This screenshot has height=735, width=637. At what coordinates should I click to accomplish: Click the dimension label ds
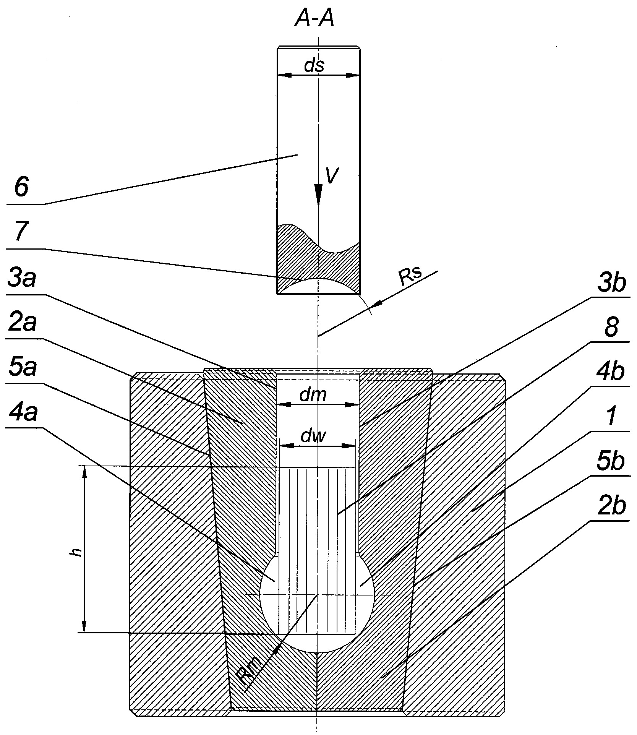click(x=314, y=66)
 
